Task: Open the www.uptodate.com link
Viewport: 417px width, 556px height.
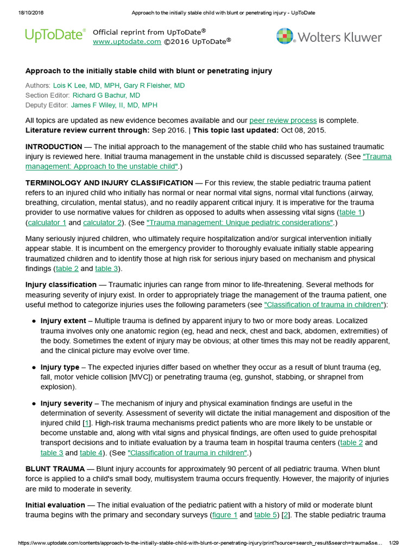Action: click(127, 41)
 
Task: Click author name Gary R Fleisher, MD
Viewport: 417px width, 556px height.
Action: click(154, 86)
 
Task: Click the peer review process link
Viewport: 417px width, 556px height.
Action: click(283, 120)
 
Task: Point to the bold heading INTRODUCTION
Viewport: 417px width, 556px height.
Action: click(54, 147)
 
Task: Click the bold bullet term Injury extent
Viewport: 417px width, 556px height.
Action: click(63, 321)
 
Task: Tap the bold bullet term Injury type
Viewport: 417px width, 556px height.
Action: click(60, 368)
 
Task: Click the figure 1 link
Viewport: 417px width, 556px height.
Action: click(224, 515)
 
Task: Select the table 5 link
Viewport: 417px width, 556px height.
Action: click(266, 515)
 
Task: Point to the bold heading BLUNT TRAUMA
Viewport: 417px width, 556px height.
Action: click(55, 469)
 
